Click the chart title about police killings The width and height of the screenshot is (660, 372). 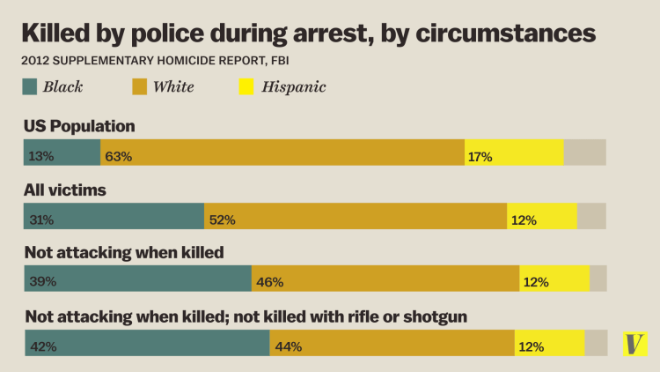pyautogui.click(x=308, y=33)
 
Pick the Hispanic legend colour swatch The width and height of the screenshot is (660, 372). pyautogui.click(x=246, y=86)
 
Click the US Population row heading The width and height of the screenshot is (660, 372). pyautogui.click(x=80, y=126)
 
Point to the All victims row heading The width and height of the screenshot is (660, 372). pyautogui.click(x=67, y=190)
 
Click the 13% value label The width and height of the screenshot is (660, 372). pyautogui.click(x=41, y=156)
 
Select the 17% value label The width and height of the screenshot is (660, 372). pyautogui.click(x=480, y=156)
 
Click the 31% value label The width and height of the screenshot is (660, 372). pyautogui.click(x=41, y=219)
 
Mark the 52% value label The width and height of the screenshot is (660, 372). pyautogui.click(x=222, y=219)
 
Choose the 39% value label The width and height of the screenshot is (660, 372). pyautogui.click(x=41, y=282)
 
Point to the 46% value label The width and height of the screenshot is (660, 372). pyautogui.click(x=269, y=282)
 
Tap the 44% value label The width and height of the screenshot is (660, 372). pyautogui.click(x=288, y=346)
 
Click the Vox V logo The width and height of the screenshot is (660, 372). pyautogui.click(x=634, y=344)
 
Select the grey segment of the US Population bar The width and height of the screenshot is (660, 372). pyautogui.click(x=584, y=153)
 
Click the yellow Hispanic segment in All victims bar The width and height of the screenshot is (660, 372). pyautogui.click(x=541, y=216)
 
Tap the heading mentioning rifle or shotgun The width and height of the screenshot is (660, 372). pyautogui.click(x=246, y=316)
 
